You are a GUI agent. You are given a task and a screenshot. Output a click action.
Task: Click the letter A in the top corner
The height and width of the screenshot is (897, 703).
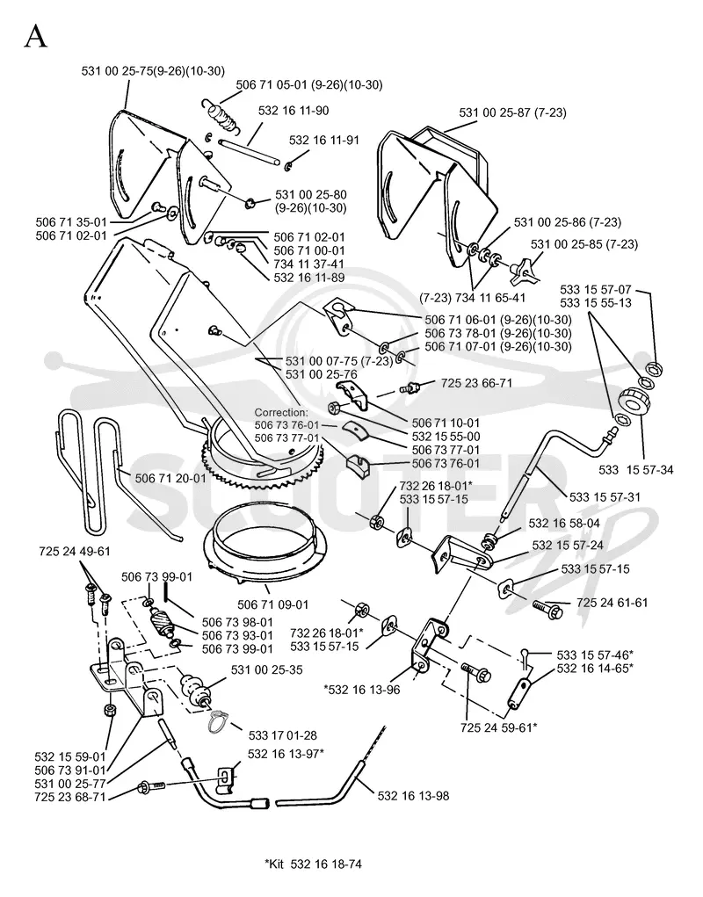(35, 37)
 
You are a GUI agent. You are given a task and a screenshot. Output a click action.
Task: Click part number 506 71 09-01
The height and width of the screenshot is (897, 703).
(272, 604)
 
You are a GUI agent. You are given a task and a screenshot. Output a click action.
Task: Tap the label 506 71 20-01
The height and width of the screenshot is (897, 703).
(170, 478)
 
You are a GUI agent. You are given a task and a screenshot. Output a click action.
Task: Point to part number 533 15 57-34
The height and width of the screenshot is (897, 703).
(636, 470)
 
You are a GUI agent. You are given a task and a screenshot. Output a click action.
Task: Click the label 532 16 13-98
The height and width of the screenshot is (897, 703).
(414, 796)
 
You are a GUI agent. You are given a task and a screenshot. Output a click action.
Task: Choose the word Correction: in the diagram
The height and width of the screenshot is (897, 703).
(281, 412)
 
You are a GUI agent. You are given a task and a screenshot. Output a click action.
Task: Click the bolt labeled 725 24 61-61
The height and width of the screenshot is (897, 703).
(548, 608)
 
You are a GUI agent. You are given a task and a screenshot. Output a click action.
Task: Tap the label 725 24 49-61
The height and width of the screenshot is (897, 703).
(75, 552)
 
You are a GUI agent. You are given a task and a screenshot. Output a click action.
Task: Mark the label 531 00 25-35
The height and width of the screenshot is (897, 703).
(267, 669)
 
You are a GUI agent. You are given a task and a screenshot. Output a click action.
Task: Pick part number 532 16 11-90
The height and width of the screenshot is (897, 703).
(294, 111)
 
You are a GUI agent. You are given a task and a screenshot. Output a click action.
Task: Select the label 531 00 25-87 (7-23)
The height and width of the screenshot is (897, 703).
(512, 112)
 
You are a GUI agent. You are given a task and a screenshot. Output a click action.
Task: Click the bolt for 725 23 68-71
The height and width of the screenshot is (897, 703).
(151, 787)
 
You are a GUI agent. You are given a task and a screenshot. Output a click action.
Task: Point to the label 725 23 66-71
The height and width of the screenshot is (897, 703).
(477, 383)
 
